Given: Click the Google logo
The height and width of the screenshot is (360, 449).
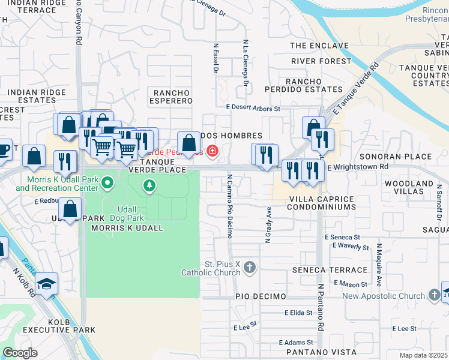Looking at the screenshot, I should pos(20,352).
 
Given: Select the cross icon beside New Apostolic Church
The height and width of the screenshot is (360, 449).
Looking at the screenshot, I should pos(435,295).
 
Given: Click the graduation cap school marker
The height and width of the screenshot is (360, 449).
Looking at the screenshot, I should pos(45,283).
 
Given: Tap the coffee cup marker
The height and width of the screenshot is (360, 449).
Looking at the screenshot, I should pos(3,149).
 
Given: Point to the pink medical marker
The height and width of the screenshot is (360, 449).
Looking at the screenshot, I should pos(212,150).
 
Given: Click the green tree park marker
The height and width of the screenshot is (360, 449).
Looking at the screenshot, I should pos(149,186).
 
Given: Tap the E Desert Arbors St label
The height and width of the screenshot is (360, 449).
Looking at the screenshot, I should pos(253,109).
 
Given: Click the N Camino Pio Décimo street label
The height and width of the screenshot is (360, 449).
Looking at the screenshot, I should pos(229,206).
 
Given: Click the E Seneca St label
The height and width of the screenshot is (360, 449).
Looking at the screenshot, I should pos(342,238).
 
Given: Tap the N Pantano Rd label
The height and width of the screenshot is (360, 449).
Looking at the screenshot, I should pos(321,307).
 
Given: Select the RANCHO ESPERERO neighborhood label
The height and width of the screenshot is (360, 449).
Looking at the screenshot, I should pos(172,97).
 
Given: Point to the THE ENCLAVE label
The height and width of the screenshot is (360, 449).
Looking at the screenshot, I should pos(319,46).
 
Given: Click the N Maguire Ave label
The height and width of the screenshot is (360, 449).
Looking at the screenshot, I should pos(379,265).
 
